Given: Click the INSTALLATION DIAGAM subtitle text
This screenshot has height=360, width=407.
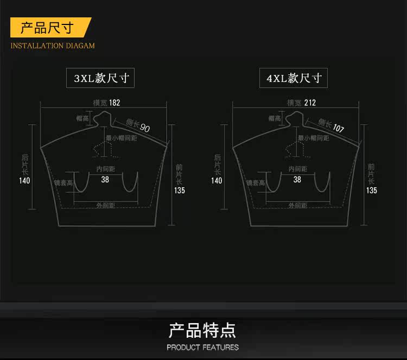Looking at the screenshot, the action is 53,46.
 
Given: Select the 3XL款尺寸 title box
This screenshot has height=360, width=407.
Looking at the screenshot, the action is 100,78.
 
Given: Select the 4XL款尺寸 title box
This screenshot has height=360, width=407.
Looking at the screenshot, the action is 293,78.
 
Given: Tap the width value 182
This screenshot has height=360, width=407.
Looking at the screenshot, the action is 115,103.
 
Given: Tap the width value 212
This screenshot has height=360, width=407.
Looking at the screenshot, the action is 310,103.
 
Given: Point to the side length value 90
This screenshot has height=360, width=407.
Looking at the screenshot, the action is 145,128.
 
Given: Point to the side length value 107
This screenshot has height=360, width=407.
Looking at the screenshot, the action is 338,129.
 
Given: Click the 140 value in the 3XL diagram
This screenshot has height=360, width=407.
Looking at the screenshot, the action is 24,181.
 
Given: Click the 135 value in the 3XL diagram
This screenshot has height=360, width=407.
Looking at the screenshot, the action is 180,191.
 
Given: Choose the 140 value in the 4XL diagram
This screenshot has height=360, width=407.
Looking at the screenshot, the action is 217,181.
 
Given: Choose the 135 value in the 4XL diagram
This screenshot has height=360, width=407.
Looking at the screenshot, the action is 372,191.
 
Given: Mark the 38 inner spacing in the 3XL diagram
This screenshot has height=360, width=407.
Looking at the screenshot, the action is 105,179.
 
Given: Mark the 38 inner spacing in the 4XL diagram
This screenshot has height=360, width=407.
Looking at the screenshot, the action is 297,179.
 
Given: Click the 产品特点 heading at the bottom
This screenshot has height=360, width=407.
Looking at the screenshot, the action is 202,330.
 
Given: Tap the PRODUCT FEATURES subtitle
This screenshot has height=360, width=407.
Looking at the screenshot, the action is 202,348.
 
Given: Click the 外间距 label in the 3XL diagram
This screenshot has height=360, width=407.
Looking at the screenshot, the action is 105,205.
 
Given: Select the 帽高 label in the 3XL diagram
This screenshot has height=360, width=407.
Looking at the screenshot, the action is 82,118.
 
